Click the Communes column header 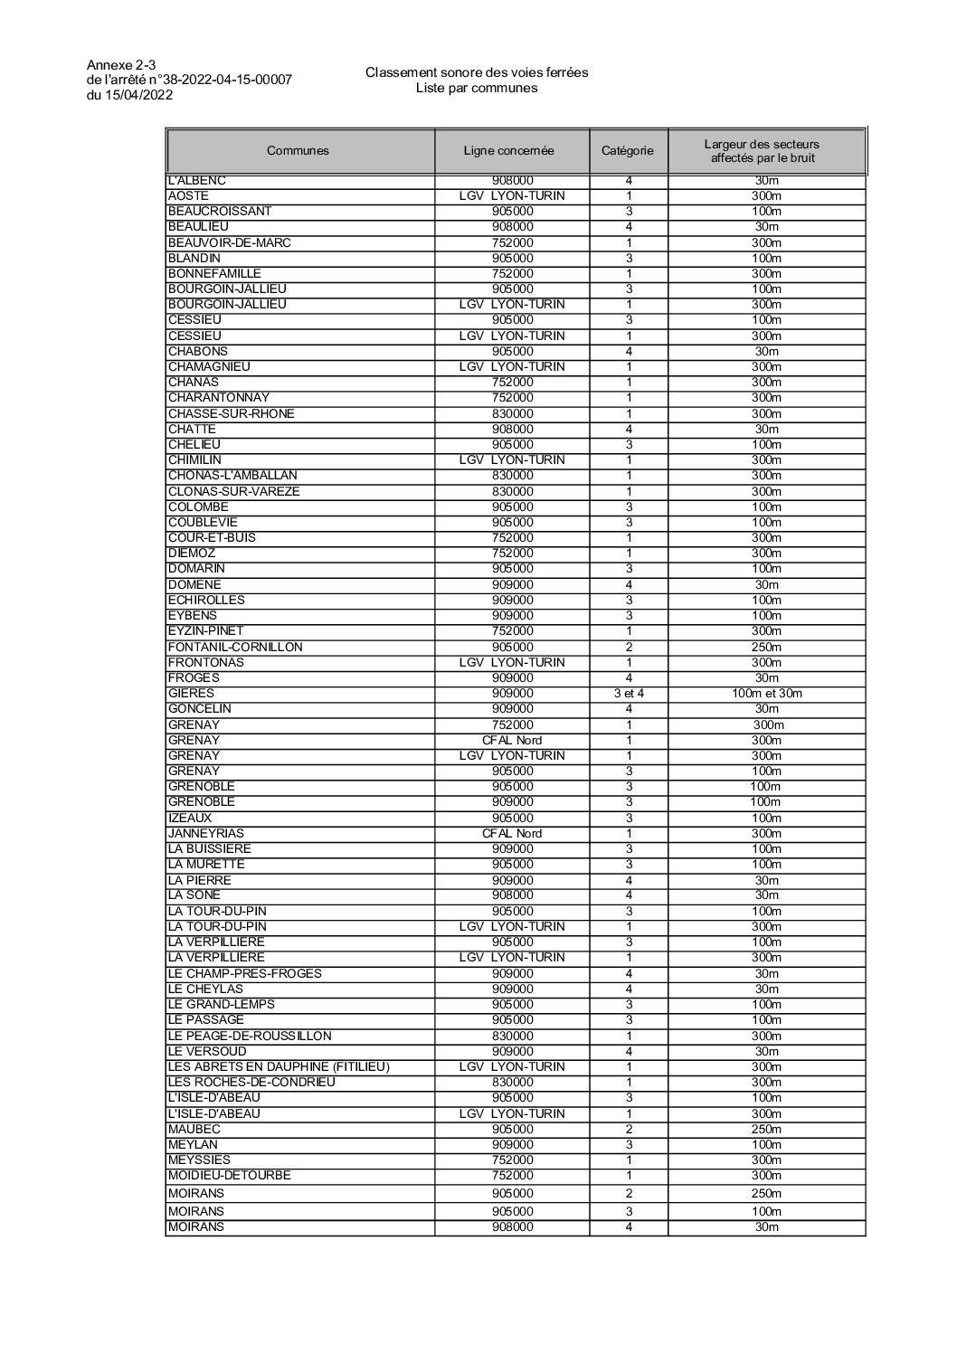(x=298, y=151)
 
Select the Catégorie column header (x=627, y=151)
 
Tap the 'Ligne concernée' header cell (x=508, y=151)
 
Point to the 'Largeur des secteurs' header (x=762, y=145)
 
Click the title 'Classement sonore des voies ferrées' (x=477, y=72)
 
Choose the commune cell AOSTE (x=188, y=195)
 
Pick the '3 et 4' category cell (x=628, y=694)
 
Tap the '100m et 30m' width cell (x=766, y=694)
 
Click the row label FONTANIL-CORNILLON (x=235, y=647)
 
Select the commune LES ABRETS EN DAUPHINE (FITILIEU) (x=279, y=1066)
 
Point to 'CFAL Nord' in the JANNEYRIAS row (x=512, y=833)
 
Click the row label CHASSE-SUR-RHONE (x=231, y=413)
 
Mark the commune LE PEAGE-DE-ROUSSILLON (x=250, y=1036)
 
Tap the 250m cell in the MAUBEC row (x=766, y=1129)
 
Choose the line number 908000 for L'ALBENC (x=512, y=181)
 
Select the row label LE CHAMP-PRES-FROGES (x=244, y=973)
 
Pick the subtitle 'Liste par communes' (x=477, y=88)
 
